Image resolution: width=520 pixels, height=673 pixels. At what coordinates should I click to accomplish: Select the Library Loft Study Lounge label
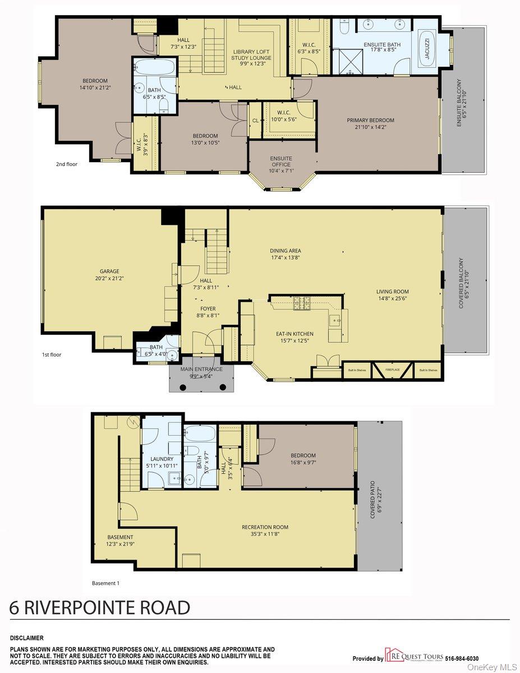tap(252, 54)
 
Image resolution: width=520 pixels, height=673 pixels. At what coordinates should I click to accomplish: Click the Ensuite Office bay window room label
tap(280, 162)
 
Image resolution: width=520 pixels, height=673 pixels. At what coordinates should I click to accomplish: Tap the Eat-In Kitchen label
tap(294, 334)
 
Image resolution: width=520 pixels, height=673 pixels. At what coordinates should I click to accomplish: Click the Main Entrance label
tap(201, 369)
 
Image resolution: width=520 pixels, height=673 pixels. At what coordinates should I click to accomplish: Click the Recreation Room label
tap(265, 527)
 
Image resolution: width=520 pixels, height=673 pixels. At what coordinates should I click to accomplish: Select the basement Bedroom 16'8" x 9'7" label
tap(303, 455)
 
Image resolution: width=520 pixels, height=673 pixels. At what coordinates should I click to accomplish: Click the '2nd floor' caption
tap(66, 164)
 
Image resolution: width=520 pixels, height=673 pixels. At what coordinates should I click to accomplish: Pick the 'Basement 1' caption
tap(105, 583)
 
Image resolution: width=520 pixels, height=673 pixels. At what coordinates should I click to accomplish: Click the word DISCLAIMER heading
tap(26, 638)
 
